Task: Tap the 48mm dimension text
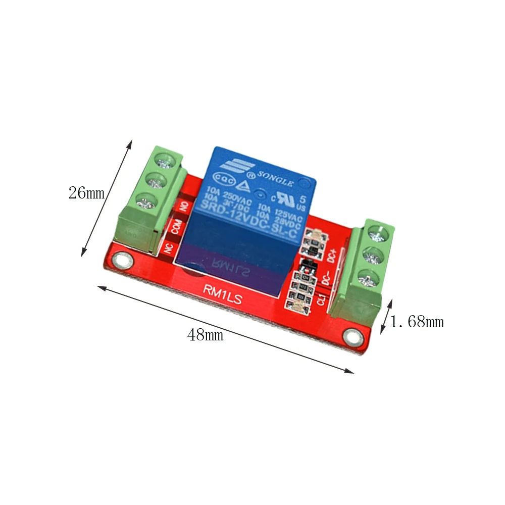[x=205, y=335]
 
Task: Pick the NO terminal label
[x=184, y=207]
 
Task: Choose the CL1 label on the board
[x=320, y=299]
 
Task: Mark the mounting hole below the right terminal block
[x=352, y=337]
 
